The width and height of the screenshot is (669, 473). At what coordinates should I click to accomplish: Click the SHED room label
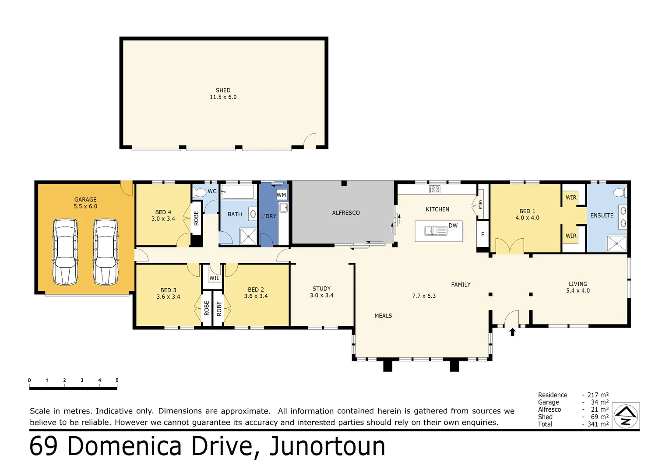(223, 90)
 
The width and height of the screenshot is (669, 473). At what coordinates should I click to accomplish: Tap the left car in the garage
(65, 252)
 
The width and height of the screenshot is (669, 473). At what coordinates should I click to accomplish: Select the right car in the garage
(106, 252)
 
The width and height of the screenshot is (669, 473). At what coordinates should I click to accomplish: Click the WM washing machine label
(281, 195)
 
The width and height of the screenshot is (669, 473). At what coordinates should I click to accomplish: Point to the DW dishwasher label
(453, 226)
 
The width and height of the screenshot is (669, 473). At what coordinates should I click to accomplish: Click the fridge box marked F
(482, 235)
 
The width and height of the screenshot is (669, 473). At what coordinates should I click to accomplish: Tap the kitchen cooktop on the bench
(434, 189)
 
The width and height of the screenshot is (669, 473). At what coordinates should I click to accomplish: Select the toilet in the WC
(200, 192)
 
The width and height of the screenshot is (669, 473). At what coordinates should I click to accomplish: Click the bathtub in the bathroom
(237, 192)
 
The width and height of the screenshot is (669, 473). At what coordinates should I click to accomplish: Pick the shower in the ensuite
(616, 244)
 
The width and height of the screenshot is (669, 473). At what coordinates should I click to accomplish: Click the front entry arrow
(512, 332)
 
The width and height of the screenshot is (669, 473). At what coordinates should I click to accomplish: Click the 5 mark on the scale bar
(117, 380)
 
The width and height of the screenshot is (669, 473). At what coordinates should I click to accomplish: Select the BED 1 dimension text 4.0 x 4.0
(527, 218)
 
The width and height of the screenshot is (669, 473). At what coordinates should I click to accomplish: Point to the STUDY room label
(321, 289)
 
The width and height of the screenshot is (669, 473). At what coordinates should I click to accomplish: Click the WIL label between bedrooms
(214, 278)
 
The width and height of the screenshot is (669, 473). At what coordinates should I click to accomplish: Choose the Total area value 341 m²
(598, 424)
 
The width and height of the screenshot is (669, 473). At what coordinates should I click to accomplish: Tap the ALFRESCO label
(346, 213)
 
